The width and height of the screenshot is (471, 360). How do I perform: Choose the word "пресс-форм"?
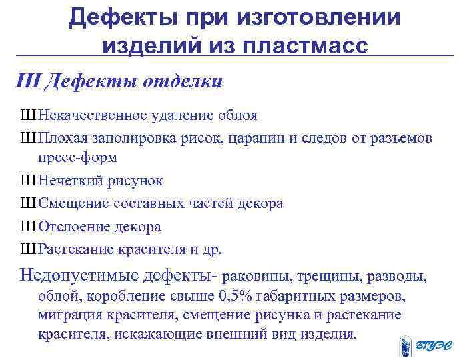tap(77, 158)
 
